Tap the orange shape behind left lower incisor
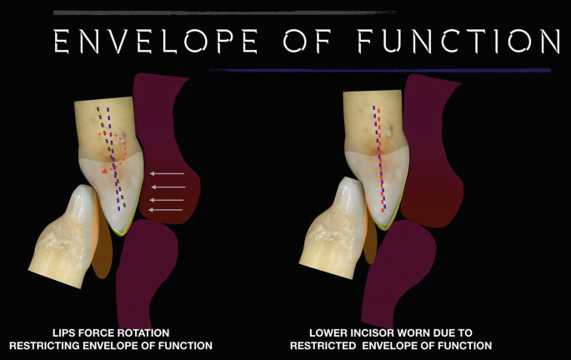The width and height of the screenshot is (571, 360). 101,250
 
